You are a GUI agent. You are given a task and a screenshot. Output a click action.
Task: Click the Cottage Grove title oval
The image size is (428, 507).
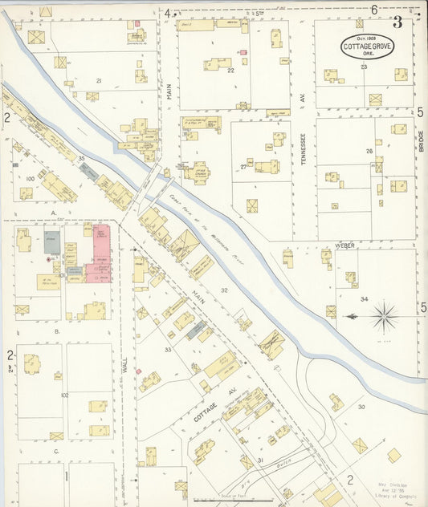[366, 47]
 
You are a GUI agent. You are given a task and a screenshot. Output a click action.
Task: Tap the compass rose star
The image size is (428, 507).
[384, 315]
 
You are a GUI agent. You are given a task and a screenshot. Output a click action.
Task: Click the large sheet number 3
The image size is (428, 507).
[397, 22]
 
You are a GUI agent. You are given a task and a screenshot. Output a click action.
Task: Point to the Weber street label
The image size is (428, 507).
[345, 245]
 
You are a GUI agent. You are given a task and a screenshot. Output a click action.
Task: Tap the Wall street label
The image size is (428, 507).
[125, 365]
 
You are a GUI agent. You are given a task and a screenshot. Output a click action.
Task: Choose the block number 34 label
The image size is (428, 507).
[364, 299]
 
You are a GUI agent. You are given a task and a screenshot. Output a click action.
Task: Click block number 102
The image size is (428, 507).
[64, 395]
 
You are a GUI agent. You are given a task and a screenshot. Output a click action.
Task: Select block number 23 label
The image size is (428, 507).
[364, 67]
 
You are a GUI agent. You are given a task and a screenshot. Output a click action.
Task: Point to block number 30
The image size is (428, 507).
[361, 407]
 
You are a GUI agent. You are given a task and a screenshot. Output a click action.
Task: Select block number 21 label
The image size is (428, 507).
[99, 81]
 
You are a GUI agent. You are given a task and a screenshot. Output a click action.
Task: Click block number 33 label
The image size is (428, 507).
[168, 350]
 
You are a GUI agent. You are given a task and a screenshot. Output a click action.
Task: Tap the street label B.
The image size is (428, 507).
[56, 331]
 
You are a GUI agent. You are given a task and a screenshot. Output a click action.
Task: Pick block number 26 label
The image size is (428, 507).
[369, 151]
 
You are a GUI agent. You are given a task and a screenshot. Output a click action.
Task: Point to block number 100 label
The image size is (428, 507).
[31, 178]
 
